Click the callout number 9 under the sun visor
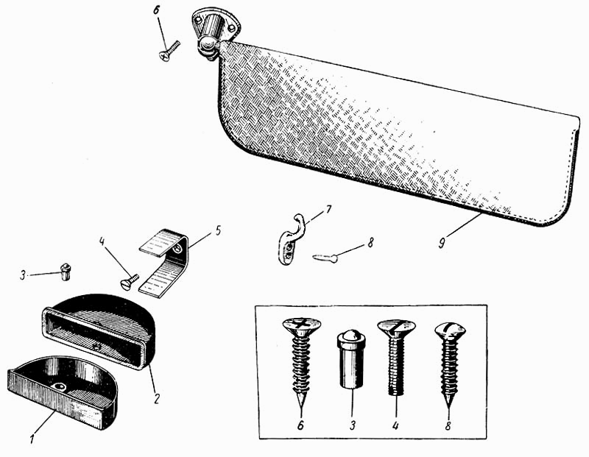pyautogui.click(x=442, y=243)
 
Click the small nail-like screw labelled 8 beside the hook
pyautogui.click(x=325, y=258)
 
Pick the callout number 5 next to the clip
pyautogui.click(x=218, y=230)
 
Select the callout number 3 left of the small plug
pyautogui.click(x=23, y=276)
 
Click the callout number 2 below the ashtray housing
pyautogui.click(x=157, y=398)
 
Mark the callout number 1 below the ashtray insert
pyautogui.click(x=32, y=439)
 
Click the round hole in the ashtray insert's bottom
pyautogui.click(x=60, y=386)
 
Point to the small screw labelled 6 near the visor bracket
pyautogui.click(x=169, y=51)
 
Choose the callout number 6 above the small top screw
pyautogui.click(x=156, y=10)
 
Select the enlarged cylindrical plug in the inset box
pyautogui.click(x=350, y=358)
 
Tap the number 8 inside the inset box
pyautogui.click(x=448, y=426)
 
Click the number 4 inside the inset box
pyautogui.click(x=395, y=425)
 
